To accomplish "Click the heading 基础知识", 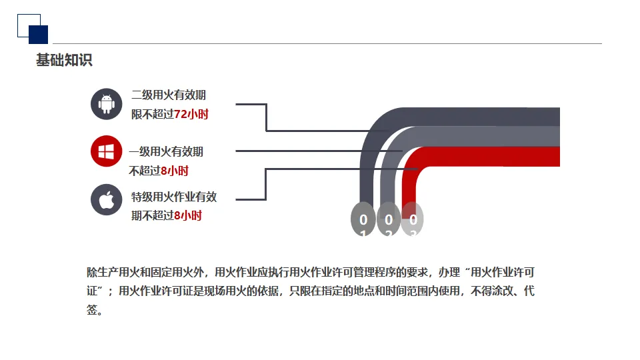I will tap(64, 61).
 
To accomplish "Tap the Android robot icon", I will tap(107, 104).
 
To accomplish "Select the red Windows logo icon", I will tap(107, 151).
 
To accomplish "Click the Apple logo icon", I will tap(107, 199).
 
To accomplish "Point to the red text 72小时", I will tap(191, 115).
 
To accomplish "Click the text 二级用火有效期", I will tap(169, 95).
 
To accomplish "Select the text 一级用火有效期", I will tap(166, 152).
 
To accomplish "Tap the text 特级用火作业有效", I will tap(174, 197).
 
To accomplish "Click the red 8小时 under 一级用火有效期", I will tap(175, 171).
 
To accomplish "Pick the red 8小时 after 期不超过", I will tap(188, 215).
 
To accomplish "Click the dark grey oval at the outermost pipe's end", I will tap(363, 219).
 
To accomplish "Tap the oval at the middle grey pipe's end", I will tap(388, 219).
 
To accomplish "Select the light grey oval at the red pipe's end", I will tap(413, 219).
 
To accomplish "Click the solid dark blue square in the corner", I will tap(38, 35).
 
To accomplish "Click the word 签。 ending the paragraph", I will tap(94, 310).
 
